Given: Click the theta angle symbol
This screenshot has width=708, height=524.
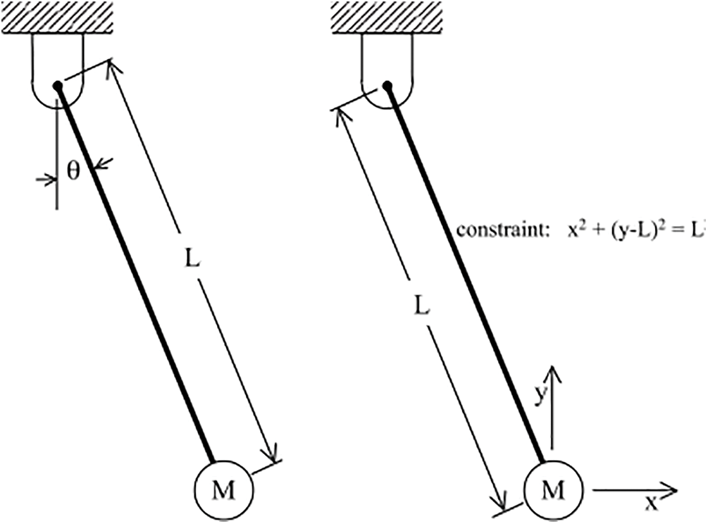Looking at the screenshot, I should (73, 172).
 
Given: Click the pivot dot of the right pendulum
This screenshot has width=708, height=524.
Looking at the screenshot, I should (387, 85).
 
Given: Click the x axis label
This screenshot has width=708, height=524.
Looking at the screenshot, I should (652, 502).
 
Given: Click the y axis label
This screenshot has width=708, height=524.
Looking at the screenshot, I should (539, 396).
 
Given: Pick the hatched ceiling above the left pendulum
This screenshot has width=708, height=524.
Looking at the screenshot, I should (57, 16).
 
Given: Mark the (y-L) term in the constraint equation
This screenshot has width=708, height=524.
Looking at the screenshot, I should (623, 230).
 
